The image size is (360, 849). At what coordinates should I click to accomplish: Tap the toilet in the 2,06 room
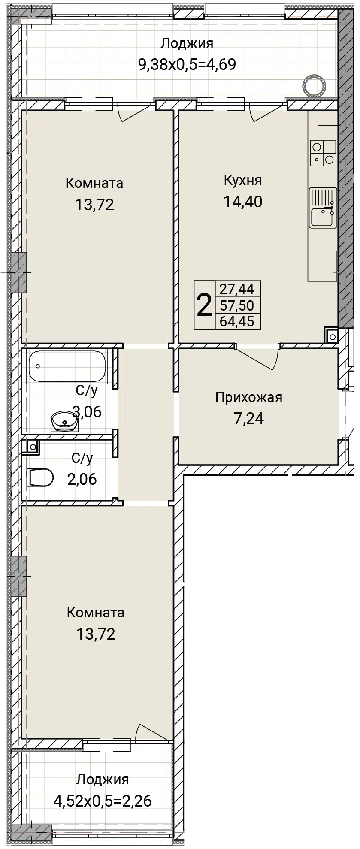point(41,477)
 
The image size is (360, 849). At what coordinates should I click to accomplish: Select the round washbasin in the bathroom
point(64,421)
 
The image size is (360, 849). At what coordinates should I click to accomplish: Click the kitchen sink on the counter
point(323,208)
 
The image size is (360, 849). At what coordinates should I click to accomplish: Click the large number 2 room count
point(204,305)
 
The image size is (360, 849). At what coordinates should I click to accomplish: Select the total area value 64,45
point(237,321)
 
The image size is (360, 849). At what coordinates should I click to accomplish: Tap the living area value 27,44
point(237,289)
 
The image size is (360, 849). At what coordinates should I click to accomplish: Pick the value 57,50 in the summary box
point(237,305)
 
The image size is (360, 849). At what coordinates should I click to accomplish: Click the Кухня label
point(242,180)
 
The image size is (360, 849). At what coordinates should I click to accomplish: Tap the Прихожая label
point(249,398)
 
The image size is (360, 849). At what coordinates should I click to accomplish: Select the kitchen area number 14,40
point(243,201)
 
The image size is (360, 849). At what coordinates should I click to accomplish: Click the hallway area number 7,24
point(249,418)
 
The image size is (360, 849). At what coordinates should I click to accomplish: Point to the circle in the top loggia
point(314,85)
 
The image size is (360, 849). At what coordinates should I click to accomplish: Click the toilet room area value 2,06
point(82,479)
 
